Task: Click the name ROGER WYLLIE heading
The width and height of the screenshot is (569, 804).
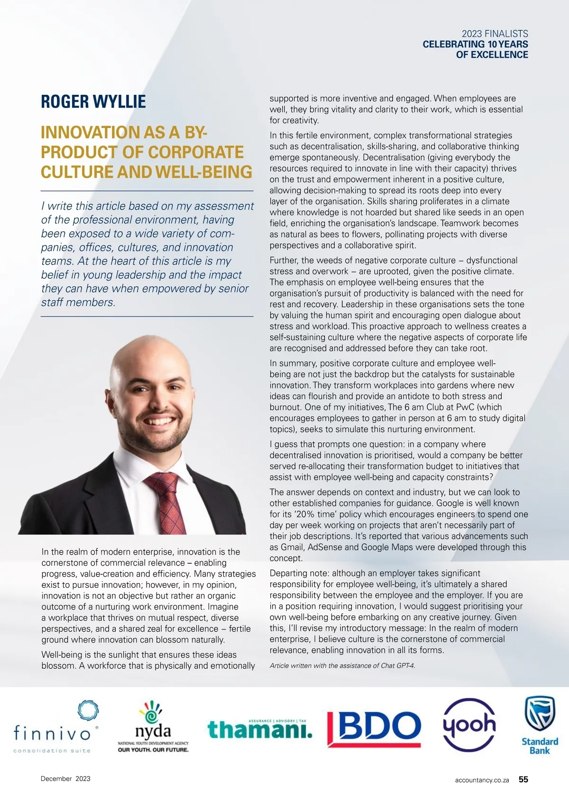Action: click(93, 102)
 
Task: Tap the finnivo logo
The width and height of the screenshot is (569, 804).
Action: click(56, 727)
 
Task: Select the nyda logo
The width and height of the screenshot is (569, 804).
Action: click(153, 727)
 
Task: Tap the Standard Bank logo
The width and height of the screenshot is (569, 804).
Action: click(540, 725)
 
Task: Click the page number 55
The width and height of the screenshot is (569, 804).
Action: click(523, 779)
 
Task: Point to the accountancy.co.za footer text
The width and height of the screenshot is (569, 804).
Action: click(482, 780)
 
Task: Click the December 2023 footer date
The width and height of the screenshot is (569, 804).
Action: click(65, 778)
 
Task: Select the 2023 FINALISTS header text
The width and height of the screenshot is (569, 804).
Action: click(495, 34)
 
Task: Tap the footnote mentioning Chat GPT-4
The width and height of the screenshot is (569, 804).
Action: click(342, 666)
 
